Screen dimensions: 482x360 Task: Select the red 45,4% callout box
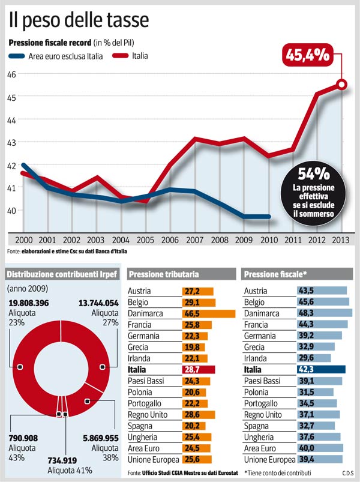(x=307, y=55)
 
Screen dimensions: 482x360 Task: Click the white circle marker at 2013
(x=341, y=85)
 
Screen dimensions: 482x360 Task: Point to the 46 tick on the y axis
(x=11, y=74)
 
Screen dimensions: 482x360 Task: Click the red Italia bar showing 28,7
(x=198, y=370)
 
